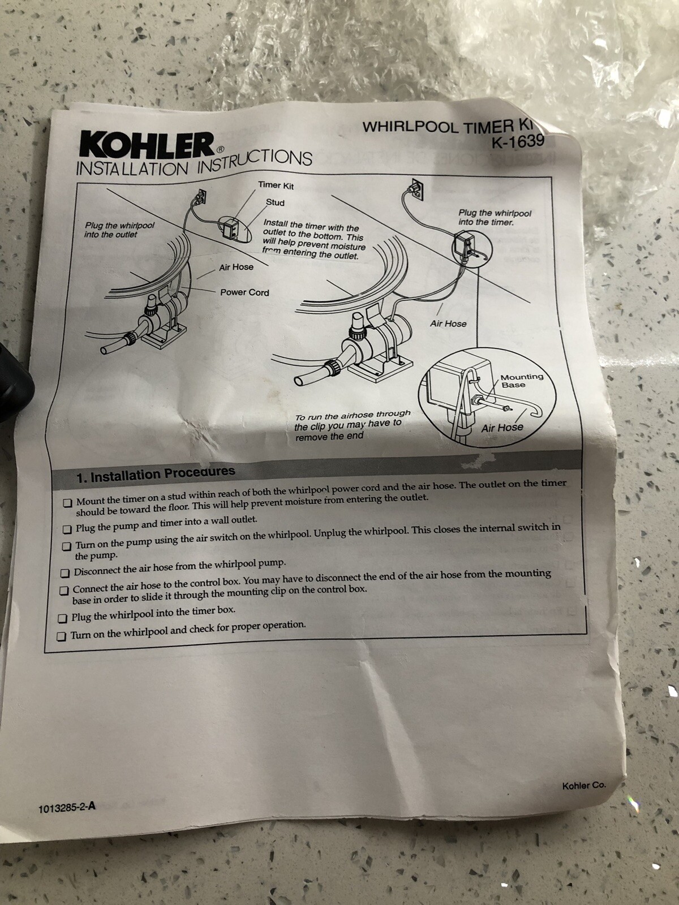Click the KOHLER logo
[146, 146]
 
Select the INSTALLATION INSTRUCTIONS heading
[194, 163]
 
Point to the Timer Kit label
[276, 185]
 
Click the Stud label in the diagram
[275, 202]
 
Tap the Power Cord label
[244, 292]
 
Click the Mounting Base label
[521, 381]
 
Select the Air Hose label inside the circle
[502, 427]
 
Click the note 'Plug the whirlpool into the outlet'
[119, 230]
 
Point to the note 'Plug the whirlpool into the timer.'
[495, 218]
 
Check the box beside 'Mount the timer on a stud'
[68, 502]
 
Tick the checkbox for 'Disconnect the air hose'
[65, 572]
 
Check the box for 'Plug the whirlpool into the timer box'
[63, 618]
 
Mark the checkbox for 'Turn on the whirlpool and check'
[62, 636]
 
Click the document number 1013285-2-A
[67, 807]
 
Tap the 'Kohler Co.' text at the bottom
[583, 786]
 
